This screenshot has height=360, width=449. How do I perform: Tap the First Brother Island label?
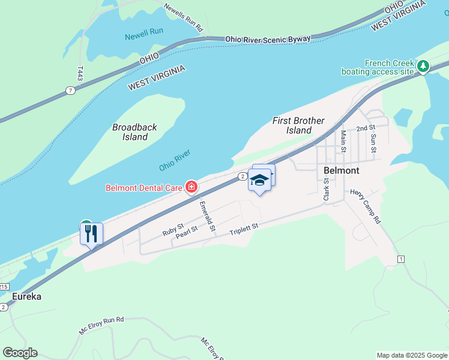tap(298, 125)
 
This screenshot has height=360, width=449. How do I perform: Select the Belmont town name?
tap(341, 170)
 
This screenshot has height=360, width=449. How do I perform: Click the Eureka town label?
tap(27, 296)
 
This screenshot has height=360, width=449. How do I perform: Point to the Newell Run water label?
tap(145, 37)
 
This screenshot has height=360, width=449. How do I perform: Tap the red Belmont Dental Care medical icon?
tap(191, 188)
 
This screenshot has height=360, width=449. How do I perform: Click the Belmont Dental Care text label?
tap(144, 188)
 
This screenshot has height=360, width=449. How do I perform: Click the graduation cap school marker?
tap(259, 180)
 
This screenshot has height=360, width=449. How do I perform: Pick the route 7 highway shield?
tap(71, 91)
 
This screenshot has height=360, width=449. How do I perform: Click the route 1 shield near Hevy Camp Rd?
tap(400, 259)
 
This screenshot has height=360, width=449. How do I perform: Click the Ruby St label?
tap(172, 230)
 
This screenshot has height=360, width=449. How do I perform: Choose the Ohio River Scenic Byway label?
tap(268, 39)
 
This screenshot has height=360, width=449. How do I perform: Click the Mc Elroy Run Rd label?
tap(101, 325)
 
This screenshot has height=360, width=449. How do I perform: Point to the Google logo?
tap(20, 353)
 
